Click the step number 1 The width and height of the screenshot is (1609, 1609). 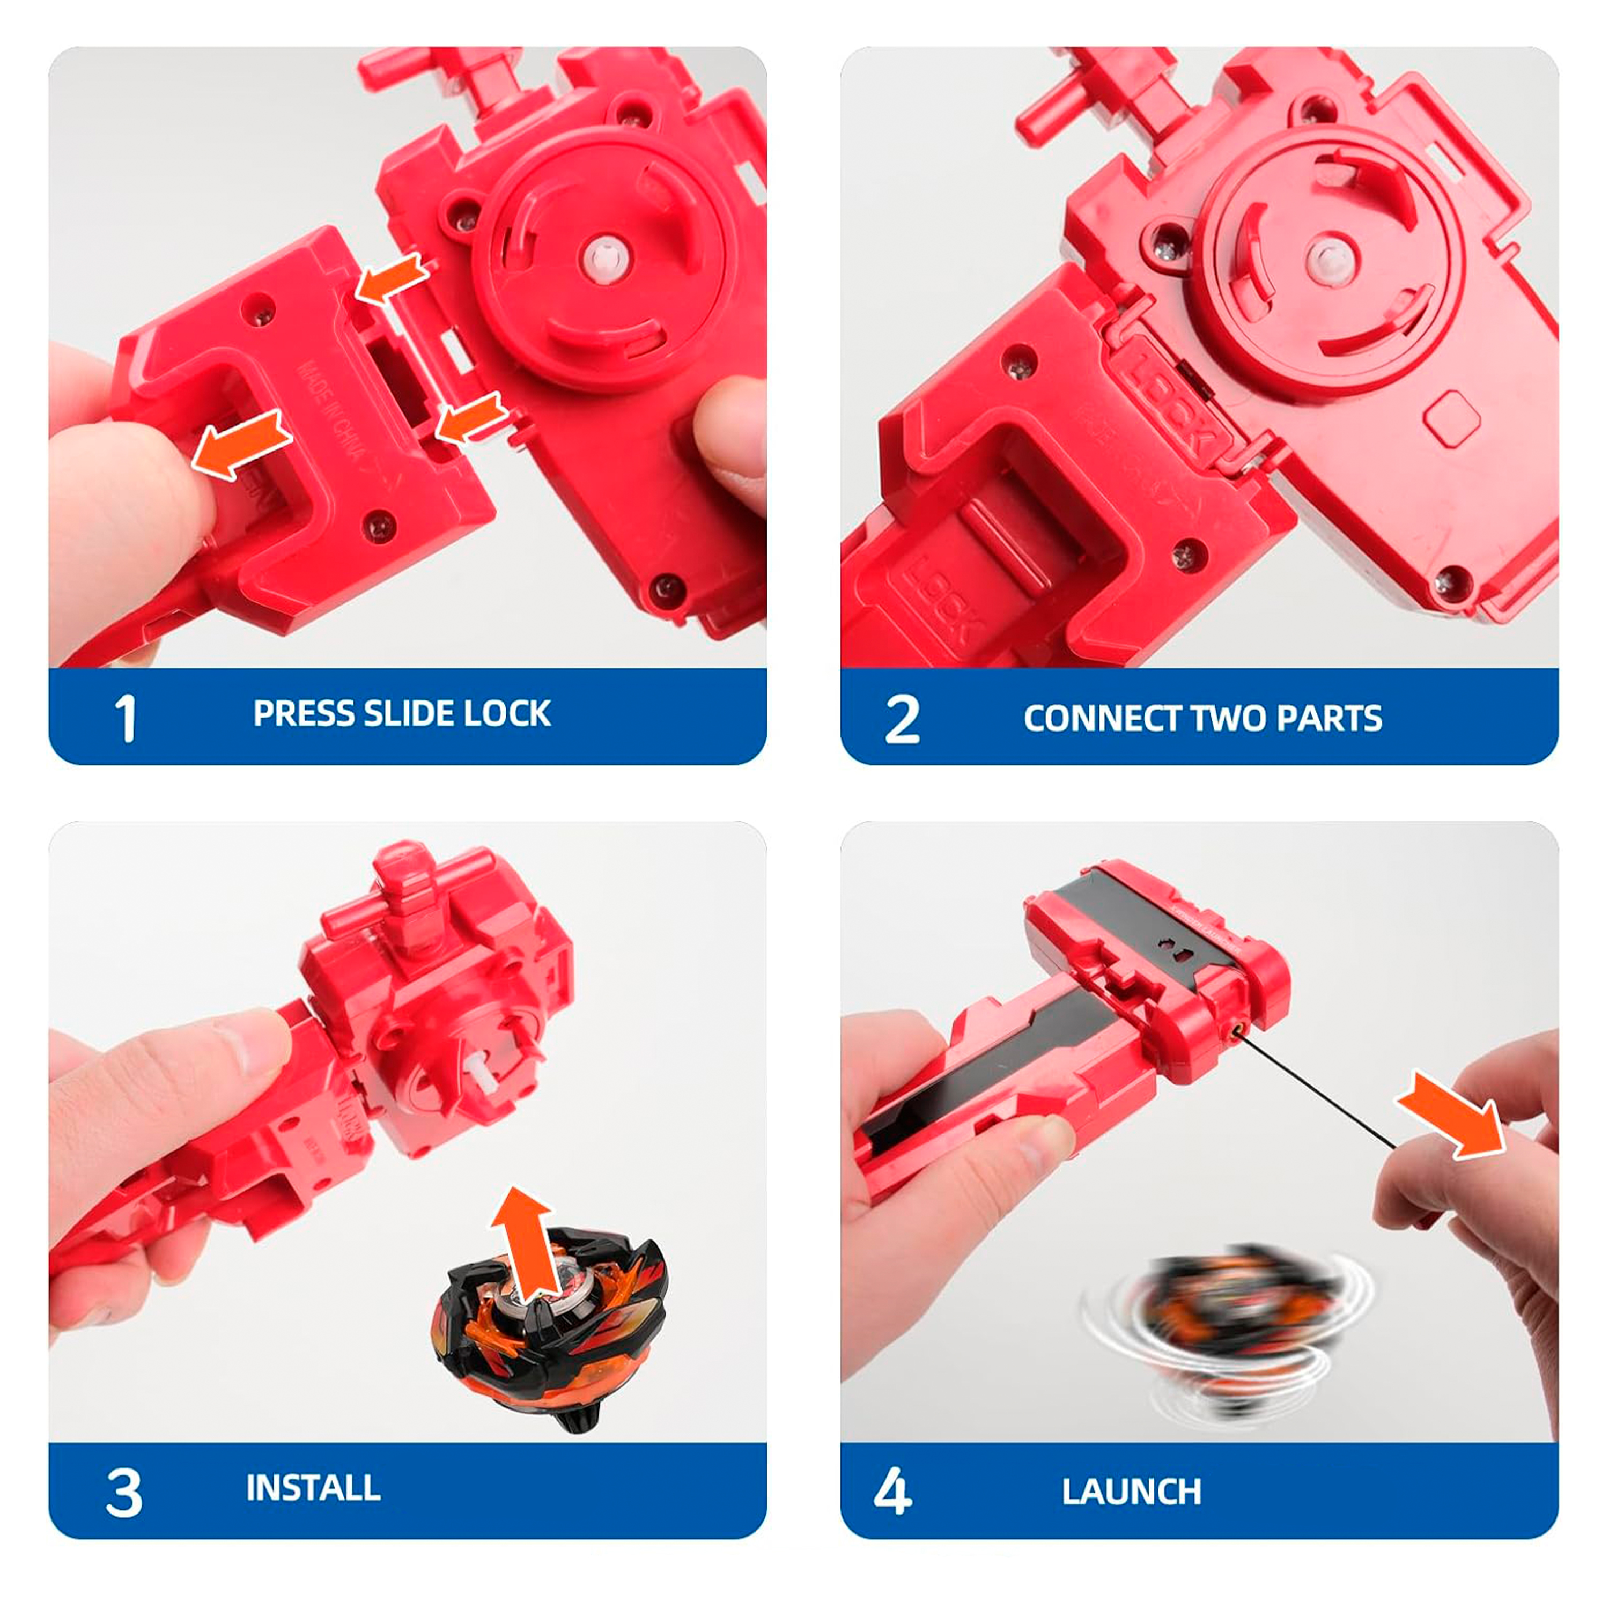[125, 718]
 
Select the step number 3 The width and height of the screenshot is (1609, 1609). [124, 1493]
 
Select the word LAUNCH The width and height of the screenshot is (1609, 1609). [1131, 1492]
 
